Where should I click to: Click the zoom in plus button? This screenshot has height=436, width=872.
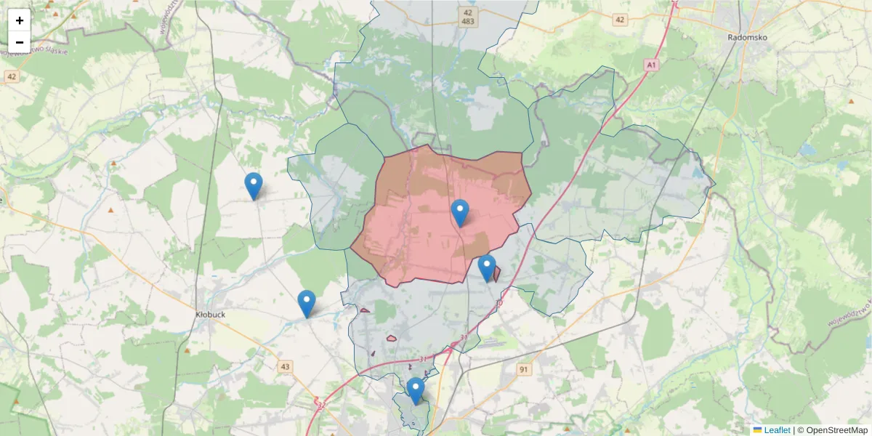tap(20, 20)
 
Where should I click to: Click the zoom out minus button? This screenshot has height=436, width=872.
tap(20, 42)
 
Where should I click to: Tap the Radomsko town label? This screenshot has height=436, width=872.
tap(748, 37)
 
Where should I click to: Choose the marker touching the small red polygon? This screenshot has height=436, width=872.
tap(487, 268)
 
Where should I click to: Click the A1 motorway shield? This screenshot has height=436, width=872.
tap(651, 65)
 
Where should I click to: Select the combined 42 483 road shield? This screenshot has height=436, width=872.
tap(468, 17)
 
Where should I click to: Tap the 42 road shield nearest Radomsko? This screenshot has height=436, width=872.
tap(619, 20)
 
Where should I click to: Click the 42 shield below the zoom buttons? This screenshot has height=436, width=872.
tap(11, 76)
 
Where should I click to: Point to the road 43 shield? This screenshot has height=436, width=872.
tap(284, 367)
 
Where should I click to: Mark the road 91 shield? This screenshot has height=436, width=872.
tap(524, 370)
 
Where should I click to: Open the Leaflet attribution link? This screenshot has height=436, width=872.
tap(776, 430)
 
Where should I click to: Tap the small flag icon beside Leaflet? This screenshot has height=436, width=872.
tap(757, 430)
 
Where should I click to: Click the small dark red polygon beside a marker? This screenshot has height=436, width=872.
tap(497, 274)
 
